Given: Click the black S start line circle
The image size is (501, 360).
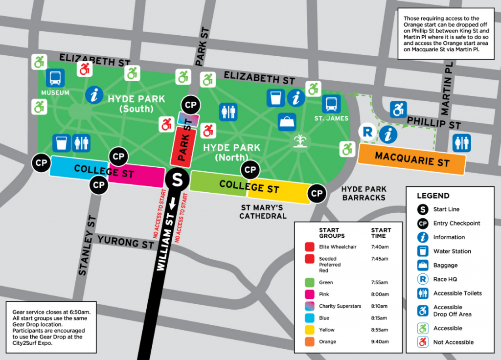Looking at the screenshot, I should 177,180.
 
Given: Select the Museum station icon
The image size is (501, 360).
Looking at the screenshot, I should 55,78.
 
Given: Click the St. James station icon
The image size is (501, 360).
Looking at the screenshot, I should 331,104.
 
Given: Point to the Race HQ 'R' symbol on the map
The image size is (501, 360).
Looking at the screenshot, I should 367,132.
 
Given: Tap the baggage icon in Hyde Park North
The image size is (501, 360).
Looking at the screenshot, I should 287,122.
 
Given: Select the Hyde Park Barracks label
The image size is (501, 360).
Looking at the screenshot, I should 364,193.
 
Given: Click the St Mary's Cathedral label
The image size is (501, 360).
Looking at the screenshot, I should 263,211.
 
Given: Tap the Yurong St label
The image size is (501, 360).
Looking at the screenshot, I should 126,242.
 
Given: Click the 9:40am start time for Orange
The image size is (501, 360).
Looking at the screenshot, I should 380,341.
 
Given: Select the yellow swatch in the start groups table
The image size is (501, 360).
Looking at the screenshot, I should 309,330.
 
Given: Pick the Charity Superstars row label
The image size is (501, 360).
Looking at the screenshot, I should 340,306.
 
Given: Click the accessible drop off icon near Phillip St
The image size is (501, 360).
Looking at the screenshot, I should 398,110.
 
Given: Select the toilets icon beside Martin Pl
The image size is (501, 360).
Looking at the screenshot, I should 461,143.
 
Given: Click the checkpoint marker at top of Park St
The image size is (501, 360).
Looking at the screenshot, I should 190,106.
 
